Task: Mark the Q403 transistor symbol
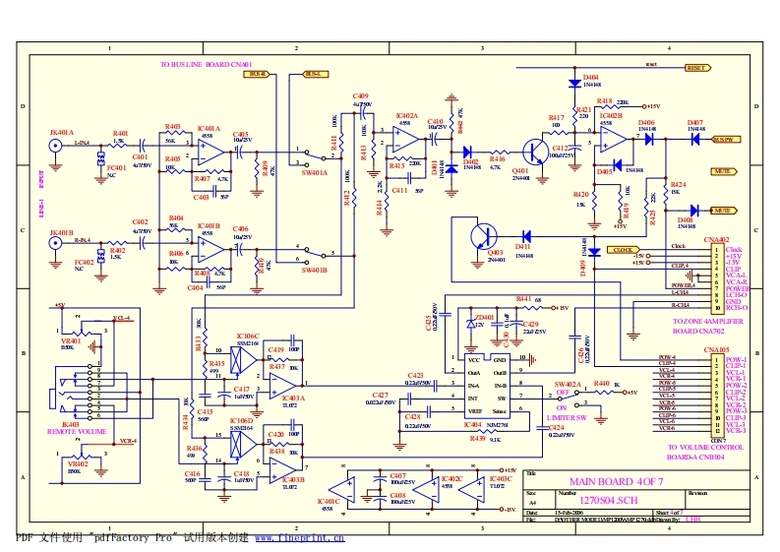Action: pos(483,237)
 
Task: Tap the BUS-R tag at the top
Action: pos(258,74)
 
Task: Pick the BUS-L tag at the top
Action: pos(315,74)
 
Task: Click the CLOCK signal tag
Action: pos(624,250)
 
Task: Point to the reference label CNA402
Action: pos(716,239)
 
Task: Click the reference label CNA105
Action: pos(716,349)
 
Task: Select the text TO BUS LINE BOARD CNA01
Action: pos(207,64)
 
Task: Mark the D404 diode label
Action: pos(590,76)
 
